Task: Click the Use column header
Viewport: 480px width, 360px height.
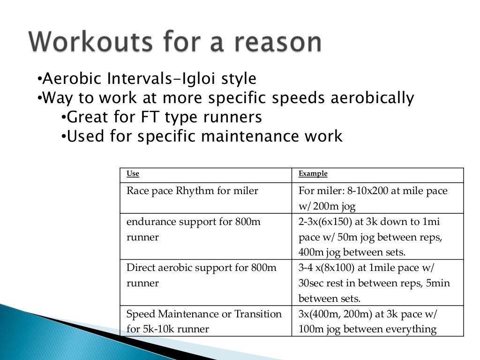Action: (x=133, y=174)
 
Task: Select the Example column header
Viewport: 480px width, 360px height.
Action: (x=313, y=174)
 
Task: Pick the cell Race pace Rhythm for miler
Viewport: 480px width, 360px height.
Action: (x=192, y=191)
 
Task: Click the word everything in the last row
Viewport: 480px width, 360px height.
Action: (x=410, y=329)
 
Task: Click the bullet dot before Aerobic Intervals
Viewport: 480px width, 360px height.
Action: (x=39, y=79)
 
